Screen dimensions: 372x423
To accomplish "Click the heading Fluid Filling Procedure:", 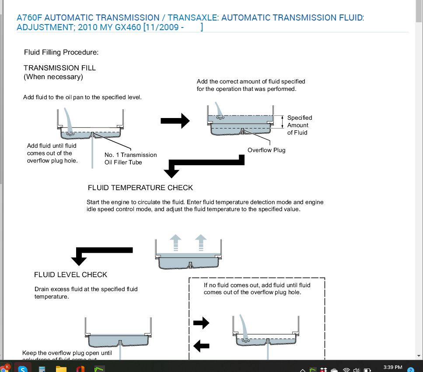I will pos(61,52).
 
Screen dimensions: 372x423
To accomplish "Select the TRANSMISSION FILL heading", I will pos(59,68).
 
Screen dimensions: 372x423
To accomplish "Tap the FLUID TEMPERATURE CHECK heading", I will pos(140,188).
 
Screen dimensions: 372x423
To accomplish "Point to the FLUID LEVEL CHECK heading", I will pos(70,275).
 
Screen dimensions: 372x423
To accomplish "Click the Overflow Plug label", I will pos(266,150).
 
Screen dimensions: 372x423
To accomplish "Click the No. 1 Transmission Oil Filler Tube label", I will pos(130,158).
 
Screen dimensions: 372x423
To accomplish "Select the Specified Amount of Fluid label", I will pos(300,125).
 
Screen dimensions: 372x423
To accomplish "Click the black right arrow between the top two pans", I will pos(175,121).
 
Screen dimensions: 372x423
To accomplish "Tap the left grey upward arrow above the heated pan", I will pos(175,243).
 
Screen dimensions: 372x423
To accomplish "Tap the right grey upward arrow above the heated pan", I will pos(201,243).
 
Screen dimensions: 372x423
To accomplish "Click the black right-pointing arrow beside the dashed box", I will pos(201,323).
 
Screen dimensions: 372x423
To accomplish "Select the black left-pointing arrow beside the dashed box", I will pos(201,346).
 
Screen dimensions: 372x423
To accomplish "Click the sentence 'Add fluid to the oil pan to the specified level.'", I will pos(82,97).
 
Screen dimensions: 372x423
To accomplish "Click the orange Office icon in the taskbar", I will pos(80,369).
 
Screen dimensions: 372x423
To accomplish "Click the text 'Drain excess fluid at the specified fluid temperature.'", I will pos(86,292).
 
